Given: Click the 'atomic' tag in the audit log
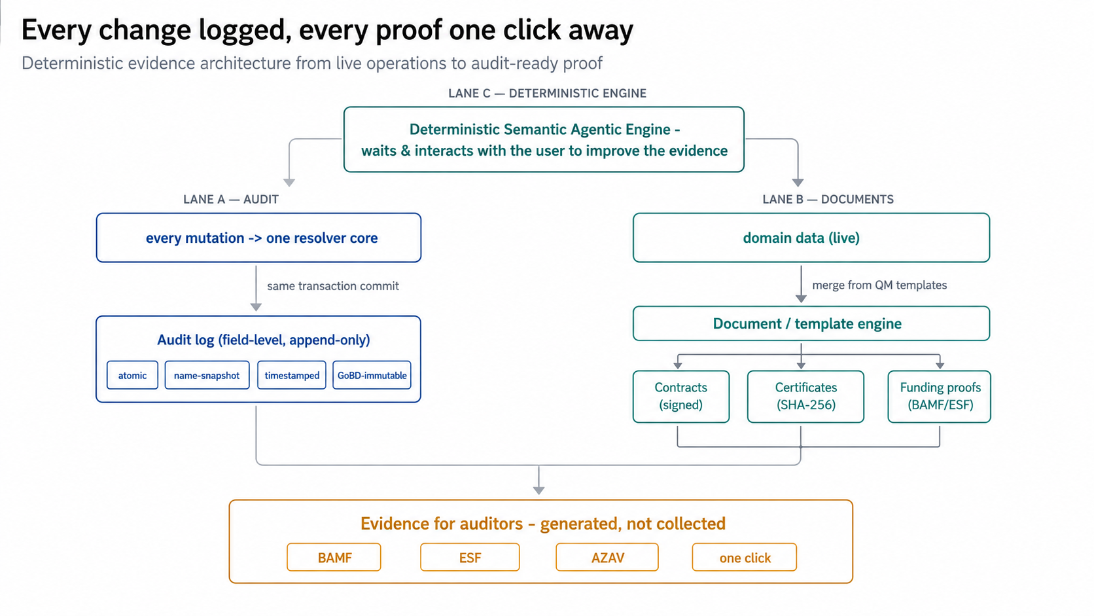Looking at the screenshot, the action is pos(132,375).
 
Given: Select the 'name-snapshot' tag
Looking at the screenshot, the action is pos(207,375).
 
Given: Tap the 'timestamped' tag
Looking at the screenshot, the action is pos(292,375).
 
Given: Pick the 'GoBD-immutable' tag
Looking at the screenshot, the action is pos(372,375).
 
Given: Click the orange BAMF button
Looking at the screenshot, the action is pos(334,557).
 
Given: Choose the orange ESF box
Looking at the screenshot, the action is pos(470,557).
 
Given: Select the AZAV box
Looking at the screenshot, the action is pos(607,557).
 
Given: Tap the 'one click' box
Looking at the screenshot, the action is pos(745,557).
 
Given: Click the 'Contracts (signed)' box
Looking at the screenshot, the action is pos(681,396).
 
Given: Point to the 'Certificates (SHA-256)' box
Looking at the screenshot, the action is pos(806,396).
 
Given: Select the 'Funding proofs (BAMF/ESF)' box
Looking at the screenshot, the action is pos(940,396).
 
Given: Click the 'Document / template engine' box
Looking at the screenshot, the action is pos(811,323).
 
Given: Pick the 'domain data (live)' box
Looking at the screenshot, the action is pos(811,238).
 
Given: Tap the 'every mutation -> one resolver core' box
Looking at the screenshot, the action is pos(259,238).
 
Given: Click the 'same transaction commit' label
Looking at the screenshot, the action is pos(333,286).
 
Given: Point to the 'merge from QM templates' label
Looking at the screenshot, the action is pos(879,285).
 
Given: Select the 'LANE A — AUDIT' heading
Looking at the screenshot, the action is pos(231,199).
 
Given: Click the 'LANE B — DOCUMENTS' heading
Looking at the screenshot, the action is pos(828,199).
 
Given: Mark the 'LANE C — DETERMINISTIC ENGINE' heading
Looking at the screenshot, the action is pos(548,94).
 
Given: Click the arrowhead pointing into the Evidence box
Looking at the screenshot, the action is pos(538,490).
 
